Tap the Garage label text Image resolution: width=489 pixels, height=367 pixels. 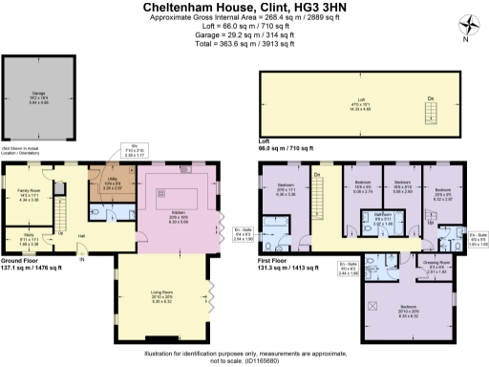tap(39, 94)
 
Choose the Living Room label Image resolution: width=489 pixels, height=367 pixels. tap(168, 298)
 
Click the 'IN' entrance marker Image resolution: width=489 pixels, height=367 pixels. tap(82, 258)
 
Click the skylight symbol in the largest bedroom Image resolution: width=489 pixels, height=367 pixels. tap(372, 307)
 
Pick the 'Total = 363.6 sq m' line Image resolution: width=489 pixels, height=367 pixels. tap(244, 42)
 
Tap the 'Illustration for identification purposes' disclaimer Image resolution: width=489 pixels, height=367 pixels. tap(244, 353)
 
